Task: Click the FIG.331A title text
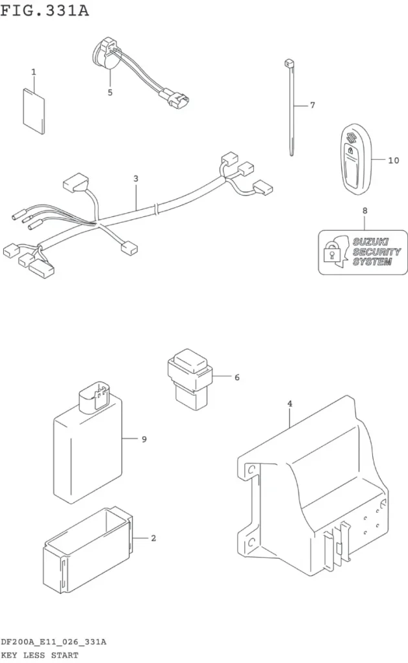[x=45, y=10]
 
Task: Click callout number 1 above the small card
[x=34, y=72]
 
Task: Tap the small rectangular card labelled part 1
[x=34, y=111]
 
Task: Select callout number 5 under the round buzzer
[x=110, y=92]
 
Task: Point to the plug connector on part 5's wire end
[x=176, y=98]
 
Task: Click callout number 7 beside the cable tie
[x=312, y=105]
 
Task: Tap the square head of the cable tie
[x=289, y=63]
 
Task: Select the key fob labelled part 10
[x=356, y=159]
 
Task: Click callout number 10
[x=394, y=161]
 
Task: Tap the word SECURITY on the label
[x=377, y=252]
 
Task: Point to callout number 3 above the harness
[x=136, y=179]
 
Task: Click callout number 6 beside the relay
[x=237, y=377]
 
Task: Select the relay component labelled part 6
[x=189, y=378]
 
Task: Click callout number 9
[x=144, y=440]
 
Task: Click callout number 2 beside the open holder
[x=153, y=538]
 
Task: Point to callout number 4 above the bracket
[x=289, y=404]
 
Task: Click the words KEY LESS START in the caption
[x=40, y=655]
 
